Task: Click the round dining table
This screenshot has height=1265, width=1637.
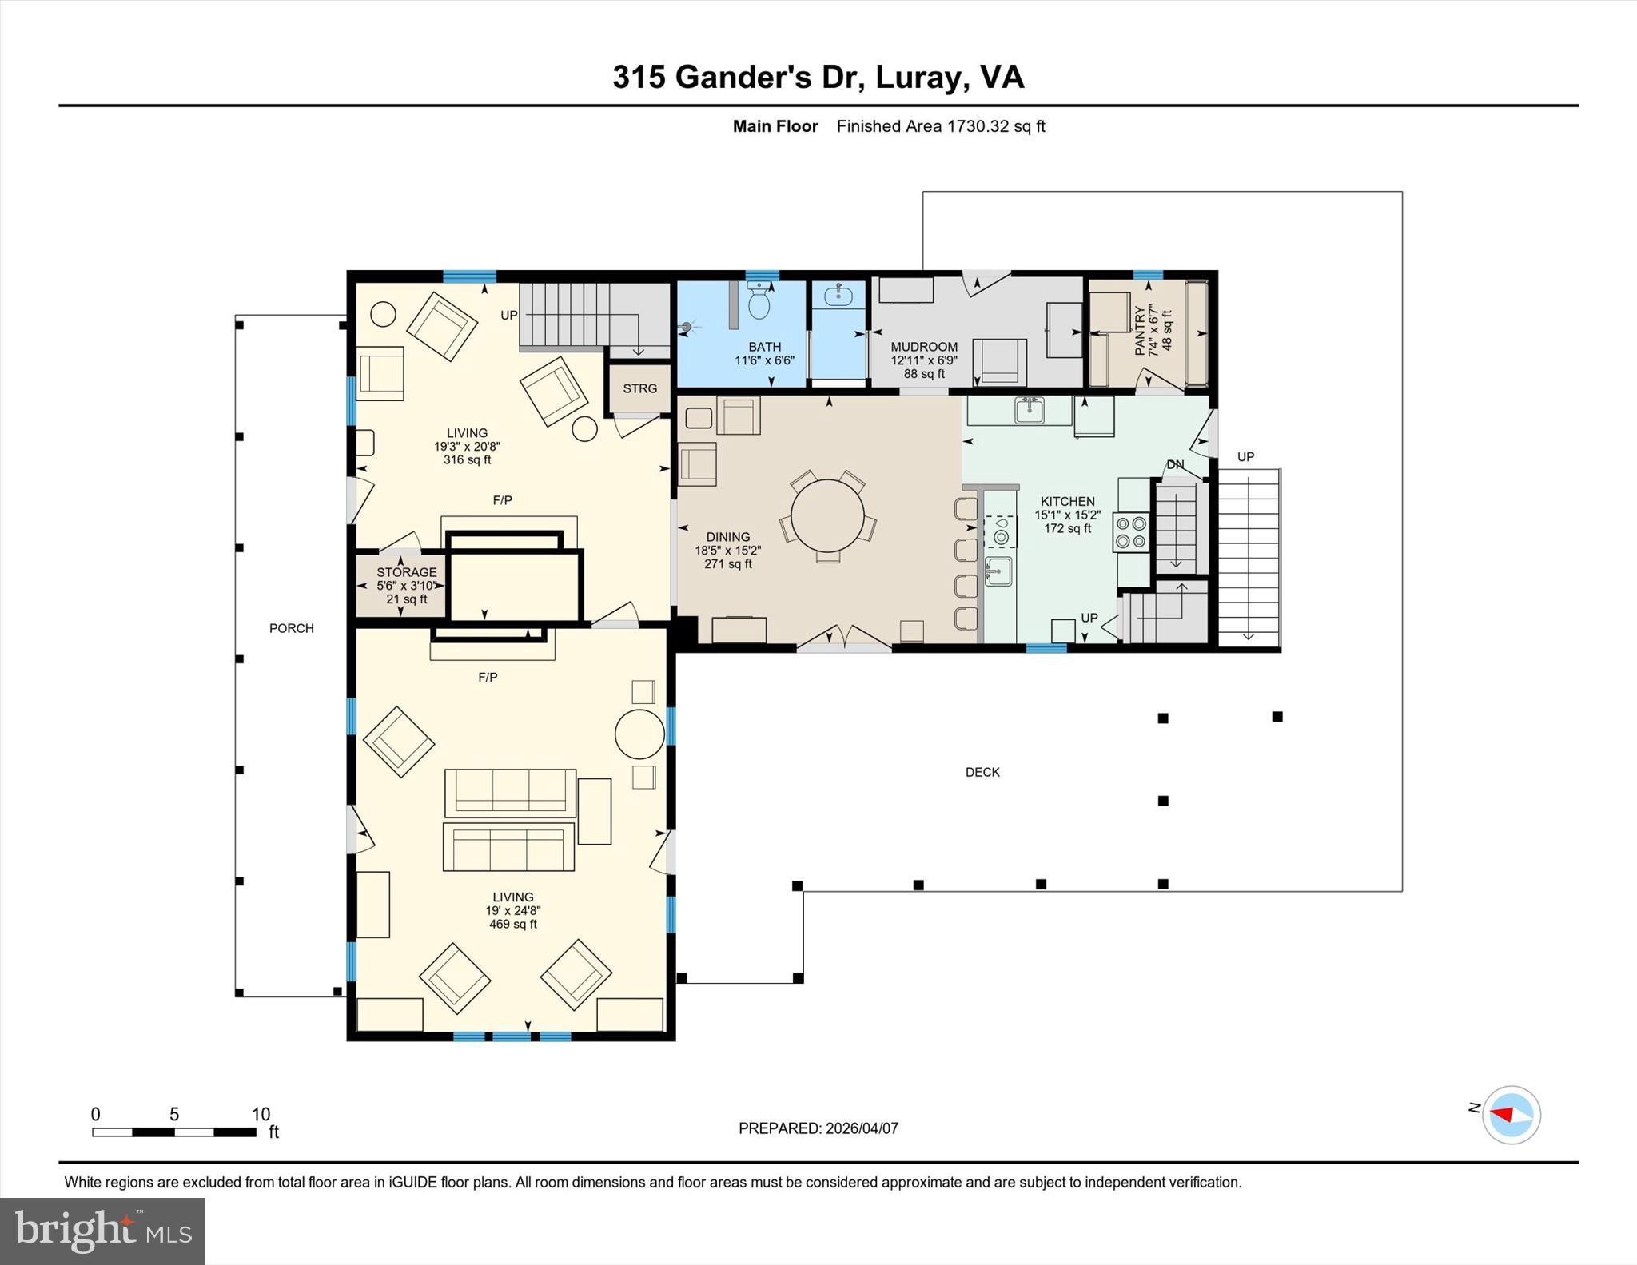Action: coord(827,515)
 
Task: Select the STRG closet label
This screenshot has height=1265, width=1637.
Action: coord(639,388)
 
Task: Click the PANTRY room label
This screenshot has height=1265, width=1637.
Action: coord(1141,330)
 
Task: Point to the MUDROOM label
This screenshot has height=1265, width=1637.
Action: coord(924,347)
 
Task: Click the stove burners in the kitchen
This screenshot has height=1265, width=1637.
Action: coord(1131,533)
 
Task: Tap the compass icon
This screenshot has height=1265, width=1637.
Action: coord(1510,1114)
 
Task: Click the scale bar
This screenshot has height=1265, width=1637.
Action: coord(173,1132)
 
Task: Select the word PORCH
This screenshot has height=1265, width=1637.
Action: coord(291,628)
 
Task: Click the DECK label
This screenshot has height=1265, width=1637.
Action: coord(982,772)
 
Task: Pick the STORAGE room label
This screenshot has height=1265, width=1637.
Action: coord(406,572)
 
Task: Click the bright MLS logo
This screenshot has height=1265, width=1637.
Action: coord(102,1231)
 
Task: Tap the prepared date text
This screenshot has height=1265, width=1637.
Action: coord(818,1128)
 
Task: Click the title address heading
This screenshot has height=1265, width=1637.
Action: coord(818,78)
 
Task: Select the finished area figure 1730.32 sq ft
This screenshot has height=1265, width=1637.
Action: coord(995,126)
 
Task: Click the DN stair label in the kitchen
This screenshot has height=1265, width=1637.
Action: coord(1174,465)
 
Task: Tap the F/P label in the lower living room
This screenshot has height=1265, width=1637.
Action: coord(488,677)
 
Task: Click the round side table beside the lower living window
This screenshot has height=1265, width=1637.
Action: coord(639,733)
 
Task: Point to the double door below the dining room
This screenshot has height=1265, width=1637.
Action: coord(843,639)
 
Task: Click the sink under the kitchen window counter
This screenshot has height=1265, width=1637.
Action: coord(1028,410)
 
